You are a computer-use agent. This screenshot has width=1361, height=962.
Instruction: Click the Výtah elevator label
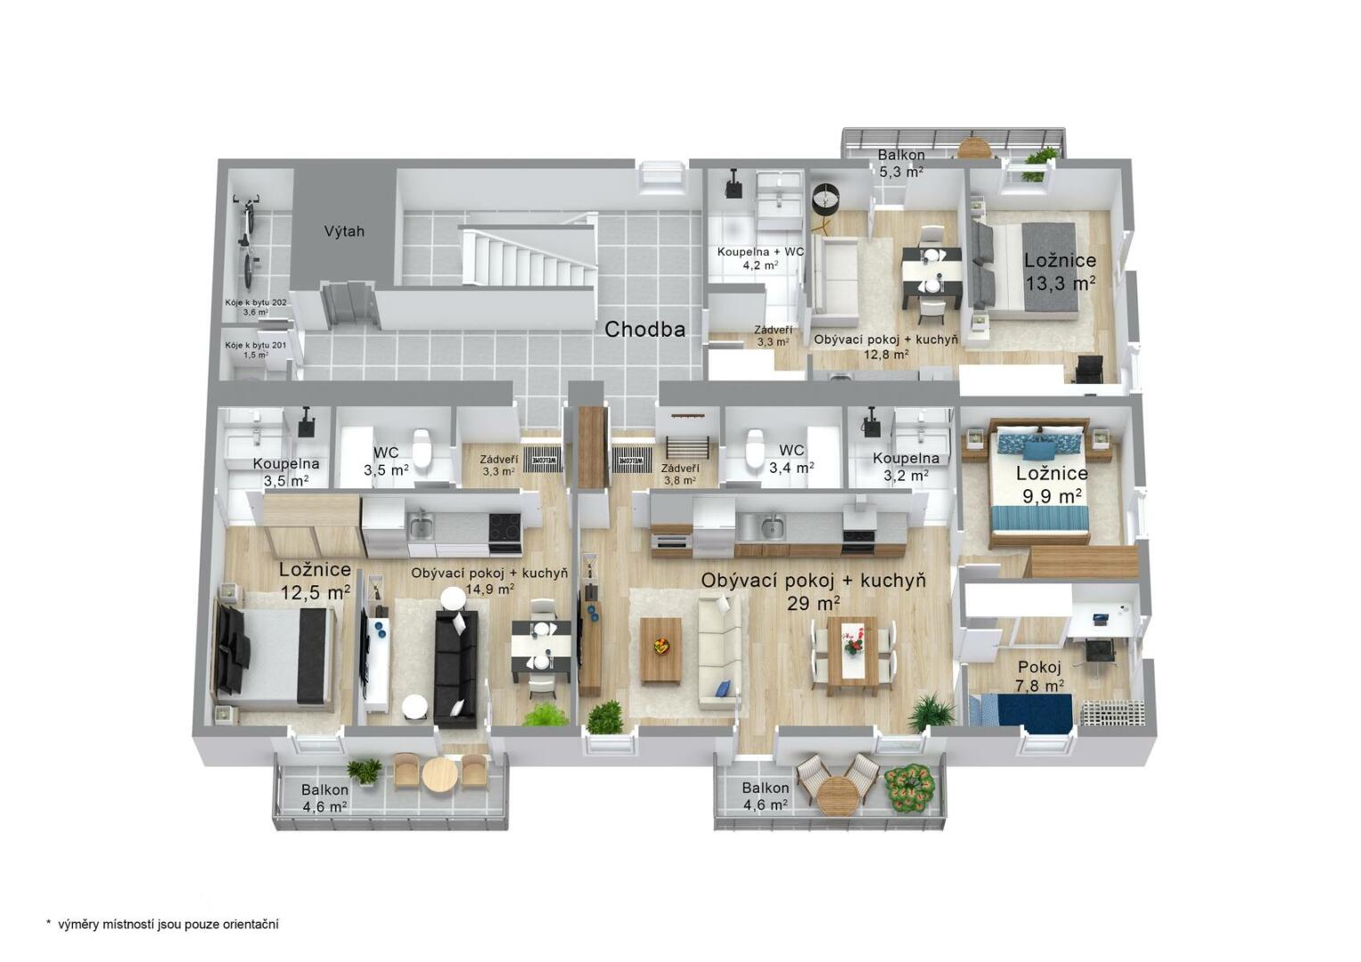pyautogui.click(x=344, y=232)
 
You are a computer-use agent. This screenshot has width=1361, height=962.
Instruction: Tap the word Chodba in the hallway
pyautogui.click(x=644, y=330)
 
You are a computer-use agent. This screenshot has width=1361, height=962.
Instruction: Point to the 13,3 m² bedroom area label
pyautogui.click(x=1061, y=283)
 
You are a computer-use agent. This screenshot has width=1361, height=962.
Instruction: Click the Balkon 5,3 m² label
pyautogui.click(x=901, y=163)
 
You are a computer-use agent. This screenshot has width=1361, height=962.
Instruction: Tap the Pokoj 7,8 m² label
pyautogui.click(x=1039, y=677)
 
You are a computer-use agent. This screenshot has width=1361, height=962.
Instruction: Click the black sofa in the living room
pyautogui.click(x=456, y=668)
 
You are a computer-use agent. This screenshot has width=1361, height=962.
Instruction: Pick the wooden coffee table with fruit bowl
pyautogui.click(x=661, y=650)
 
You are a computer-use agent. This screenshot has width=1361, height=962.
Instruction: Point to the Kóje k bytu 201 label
pyautogui.click(x=255, y=350)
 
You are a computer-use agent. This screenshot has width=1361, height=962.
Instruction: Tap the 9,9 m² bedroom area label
pyautogui.click(x=1053, y=497)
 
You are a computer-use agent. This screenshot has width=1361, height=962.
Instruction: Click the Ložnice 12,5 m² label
pyautogui.click(x=315, y=581)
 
